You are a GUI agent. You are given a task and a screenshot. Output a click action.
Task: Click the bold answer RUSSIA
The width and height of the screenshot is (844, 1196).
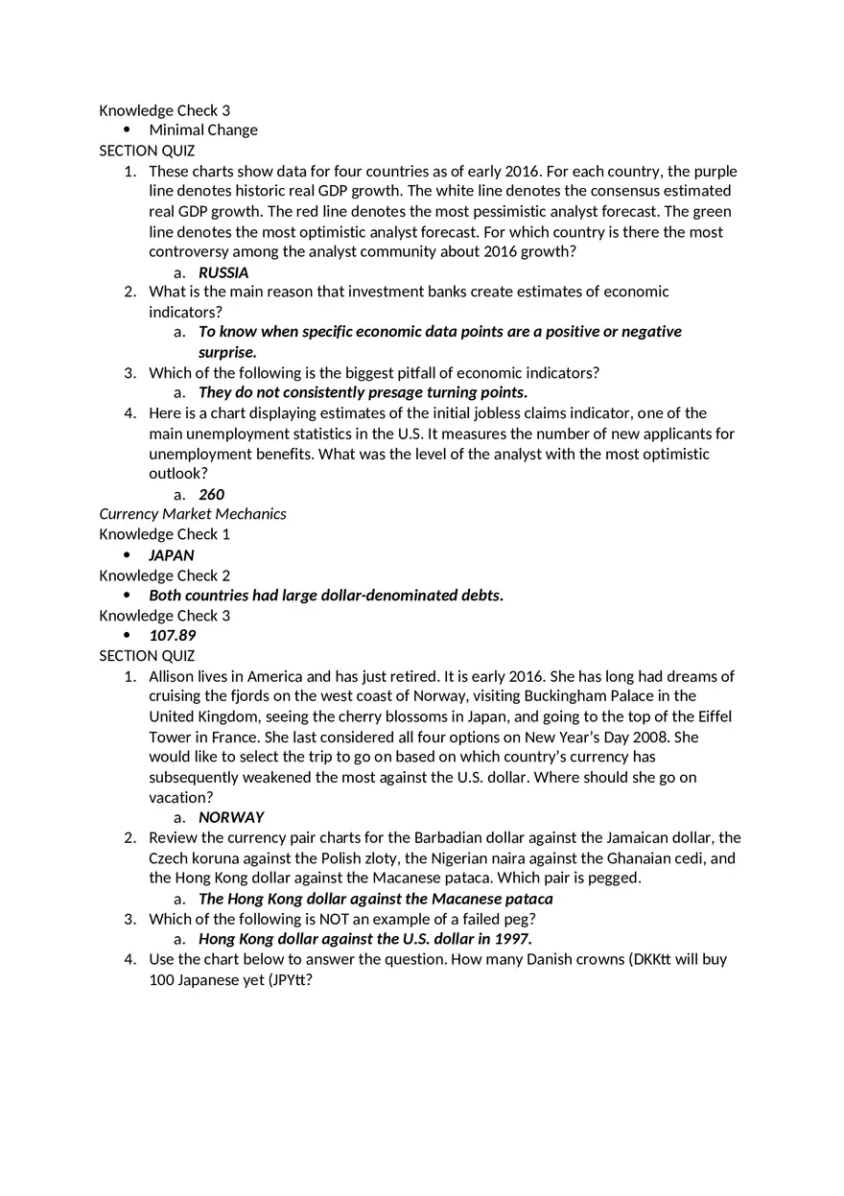pos(223,272)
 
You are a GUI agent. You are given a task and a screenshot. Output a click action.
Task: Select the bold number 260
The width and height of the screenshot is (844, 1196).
pos(211,495)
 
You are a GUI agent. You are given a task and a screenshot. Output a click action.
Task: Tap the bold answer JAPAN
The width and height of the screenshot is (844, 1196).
pos(172,555)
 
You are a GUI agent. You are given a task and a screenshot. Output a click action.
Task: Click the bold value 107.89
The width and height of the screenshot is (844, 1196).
pos(173,636)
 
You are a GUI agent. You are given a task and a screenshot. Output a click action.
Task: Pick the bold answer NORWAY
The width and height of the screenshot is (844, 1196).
pos(231,818)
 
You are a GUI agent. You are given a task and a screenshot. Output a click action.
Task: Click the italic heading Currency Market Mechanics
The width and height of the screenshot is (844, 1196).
pos(193,514)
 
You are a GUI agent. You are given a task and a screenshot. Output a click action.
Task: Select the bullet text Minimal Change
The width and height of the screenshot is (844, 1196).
pos(203,130)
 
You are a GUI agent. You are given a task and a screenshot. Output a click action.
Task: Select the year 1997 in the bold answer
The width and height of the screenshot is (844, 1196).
pos(512,939)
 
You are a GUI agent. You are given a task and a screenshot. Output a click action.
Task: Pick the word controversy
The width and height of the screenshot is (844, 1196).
pos(190,252)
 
